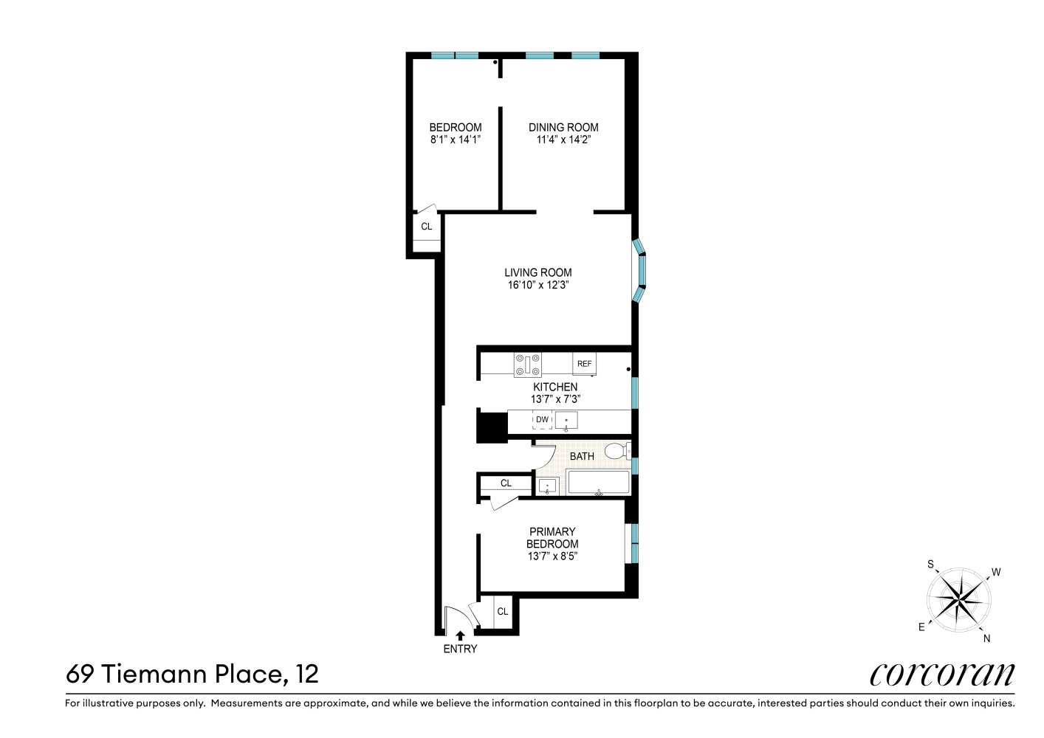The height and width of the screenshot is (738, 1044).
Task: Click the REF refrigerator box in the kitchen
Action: (584, 364)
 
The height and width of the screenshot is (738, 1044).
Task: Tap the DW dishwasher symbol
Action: (542, 420)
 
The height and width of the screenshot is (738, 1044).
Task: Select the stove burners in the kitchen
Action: (528, 364)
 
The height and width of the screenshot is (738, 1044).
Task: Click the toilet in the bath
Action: (616, 450)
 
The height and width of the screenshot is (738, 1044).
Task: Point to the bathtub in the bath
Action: (598, 483)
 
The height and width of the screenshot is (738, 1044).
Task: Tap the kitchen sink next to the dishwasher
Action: (566, 421)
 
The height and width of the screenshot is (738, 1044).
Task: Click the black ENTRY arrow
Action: (460, 635)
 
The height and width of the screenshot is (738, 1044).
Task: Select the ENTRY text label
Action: (460, 649)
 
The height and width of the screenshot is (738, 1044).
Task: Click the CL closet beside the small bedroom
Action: (427, 227)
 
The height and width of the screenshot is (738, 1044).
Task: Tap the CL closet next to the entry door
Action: (502, 611)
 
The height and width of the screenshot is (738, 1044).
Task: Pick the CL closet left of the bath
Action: (506, 483)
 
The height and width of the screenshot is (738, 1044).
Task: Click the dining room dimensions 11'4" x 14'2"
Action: (563, 139)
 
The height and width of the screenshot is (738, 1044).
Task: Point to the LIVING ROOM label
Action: (538, 272)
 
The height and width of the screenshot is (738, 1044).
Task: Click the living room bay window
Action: (640, 271)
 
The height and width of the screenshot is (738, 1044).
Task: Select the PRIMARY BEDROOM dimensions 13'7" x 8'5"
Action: (552, 556)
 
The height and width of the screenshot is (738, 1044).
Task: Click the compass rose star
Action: (958, 599)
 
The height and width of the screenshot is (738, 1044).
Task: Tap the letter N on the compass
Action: (986, 638)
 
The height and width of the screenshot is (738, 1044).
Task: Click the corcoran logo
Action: (941, 674)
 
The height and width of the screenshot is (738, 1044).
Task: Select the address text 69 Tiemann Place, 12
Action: (192, 674)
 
